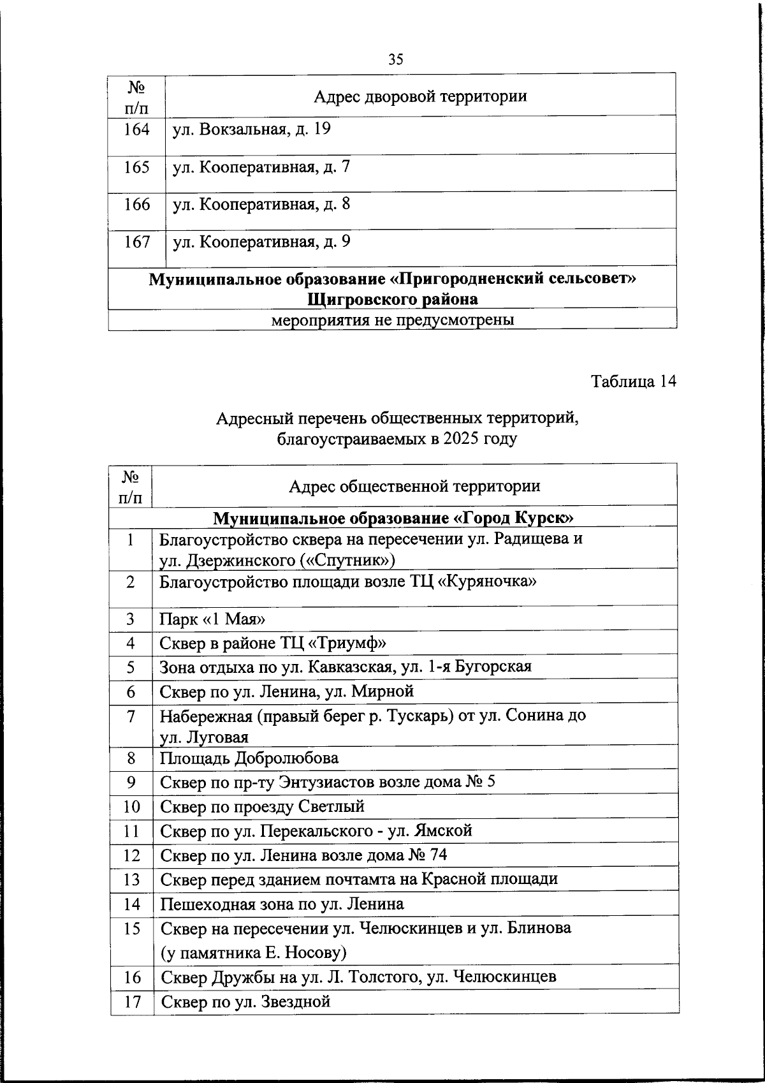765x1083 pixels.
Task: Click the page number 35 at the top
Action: [x=395, y=59]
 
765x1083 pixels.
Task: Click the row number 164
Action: [x=136, y=129]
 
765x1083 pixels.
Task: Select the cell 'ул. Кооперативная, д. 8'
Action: [x=261, y=205]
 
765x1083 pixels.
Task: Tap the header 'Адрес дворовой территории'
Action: [x=420, y=96]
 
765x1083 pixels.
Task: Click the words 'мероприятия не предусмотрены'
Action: [x=393, y=320]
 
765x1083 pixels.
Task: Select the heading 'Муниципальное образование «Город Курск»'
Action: [x=393, y=517]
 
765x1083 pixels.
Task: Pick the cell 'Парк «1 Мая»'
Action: [x=212, y=619]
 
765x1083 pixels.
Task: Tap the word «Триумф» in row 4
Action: [x=355, y=643]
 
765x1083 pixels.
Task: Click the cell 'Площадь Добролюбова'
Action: [x=249, y=758]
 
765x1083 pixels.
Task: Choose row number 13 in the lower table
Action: [x=131, y=880]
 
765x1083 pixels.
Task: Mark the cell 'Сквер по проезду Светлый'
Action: [x=262, y=807]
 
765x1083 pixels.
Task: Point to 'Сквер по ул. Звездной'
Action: [x=245, y=1001]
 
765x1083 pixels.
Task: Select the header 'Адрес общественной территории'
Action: [x=414, y=486]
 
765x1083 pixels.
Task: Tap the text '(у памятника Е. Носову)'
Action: [x=253, y=953]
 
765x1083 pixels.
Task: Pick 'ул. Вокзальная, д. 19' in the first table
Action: [x=252, y=129]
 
